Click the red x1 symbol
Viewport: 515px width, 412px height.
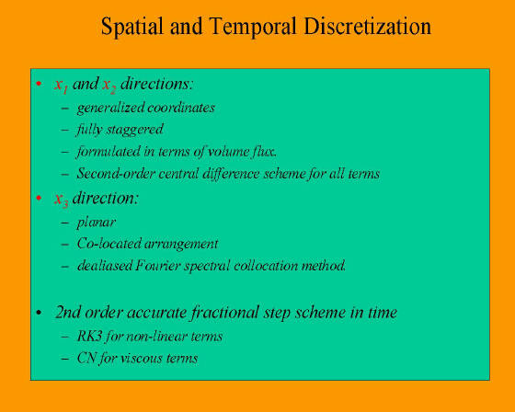[61, 86]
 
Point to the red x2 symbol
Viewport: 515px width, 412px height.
[109, 86]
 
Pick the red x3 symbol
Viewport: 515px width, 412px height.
[61, 200]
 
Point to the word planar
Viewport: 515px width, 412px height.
[97, 223]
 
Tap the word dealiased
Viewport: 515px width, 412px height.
[105, 266]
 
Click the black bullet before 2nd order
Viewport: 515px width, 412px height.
[39, 313]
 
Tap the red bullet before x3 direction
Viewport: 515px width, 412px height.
[39, 198]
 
